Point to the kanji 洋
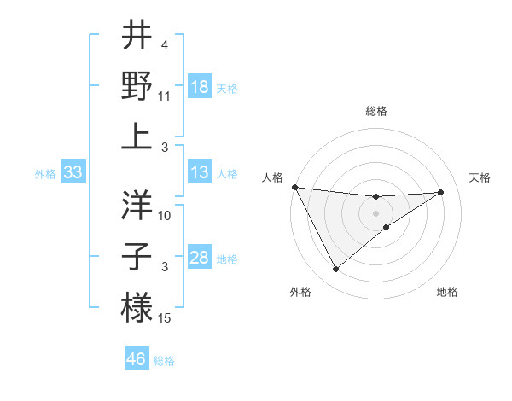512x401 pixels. coord(137,205)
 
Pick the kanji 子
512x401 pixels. coord(137,255)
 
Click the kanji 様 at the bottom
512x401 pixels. coord(137,306)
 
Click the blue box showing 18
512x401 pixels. coord(200,87)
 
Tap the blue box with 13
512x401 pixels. coord(200,173)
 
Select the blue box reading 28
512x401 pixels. coord(200,259)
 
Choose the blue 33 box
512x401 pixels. coord(73,173)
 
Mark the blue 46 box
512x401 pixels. coord(137,359)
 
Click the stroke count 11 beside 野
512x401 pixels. coord(166,96)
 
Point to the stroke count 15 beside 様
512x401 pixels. coord(166,318)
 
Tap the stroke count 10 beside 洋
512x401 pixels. coord(166,215)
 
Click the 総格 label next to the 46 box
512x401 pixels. coord(164,361)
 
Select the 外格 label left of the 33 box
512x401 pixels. coord(45,174)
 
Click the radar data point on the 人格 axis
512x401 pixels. coord(294,187)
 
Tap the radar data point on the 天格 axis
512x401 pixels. coord(441,192)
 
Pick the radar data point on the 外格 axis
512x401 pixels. coord(335,270)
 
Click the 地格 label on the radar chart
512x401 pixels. coord(447,293)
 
